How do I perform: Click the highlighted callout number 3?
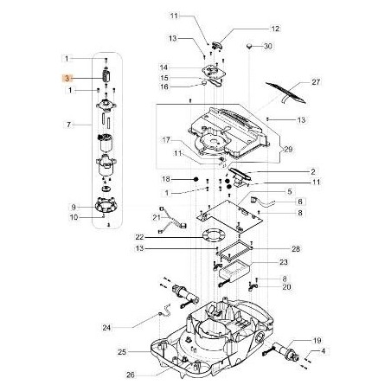pos(68,77)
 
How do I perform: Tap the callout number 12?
pos(253,29)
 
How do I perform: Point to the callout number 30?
pos(267,45)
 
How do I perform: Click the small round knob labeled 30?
pos(248,44)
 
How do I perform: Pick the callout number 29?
pos(288,150)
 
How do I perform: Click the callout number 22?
pos(163,236)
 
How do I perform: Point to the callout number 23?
pos(284,260)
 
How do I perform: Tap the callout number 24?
pos(131,327)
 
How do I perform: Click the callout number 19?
pos(317,341)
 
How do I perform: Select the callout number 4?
pos(324,353)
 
